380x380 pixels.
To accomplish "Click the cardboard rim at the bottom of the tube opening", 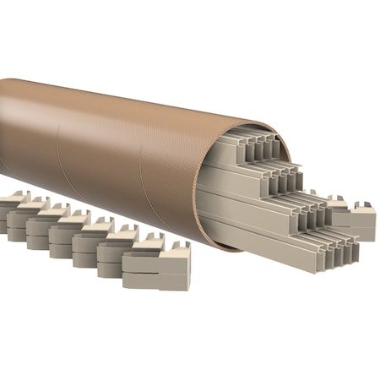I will (221, 247).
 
